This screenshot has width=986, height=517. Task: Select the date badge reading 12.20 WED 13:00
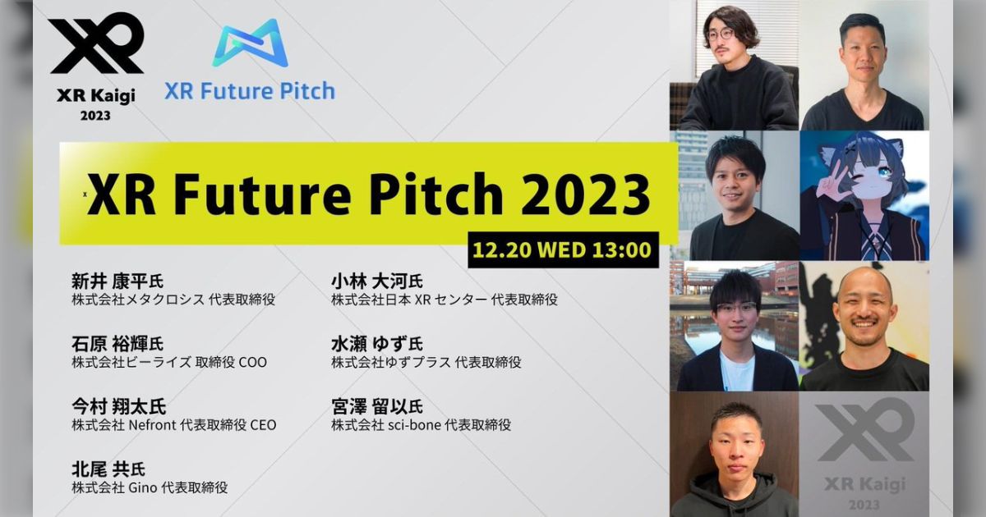[564, 249]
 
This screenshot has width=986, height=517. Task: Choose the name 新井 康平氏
[117, 281]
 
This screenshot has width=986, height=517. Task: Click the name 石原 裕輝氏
[117, 344]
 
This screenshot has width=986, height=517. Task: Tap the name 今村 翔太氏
[117, 406]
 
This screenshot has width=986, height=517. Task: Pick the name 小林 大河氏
[377, 281]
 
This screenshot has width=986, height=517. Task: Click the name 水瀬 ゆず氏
[377, 344]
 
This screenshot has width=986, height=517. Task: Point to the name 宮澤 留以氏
[377, 406]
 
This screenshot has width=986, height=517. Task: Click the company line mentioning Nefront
[174, 425]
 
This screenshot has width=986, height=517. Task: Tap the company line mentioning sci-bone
[422, 425]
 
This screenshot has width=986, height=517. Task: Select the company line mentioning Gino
[150, 487]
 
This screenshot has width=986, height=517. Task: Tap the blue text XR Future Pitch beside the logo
[250, 89]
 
